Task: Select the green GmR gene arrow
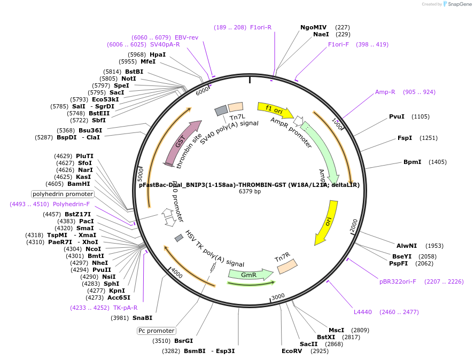[250, 275]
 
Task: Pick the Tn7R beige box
[287, 266]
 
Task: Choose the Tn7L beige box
[236, 107]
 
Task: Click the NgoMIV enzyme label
[313, 27]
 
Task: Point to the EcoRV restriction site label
[292, 351]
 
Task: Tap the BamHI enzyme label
[79, 184]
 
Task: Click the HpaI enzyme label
[158, 54]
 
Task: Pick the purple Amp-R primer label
[385, 92]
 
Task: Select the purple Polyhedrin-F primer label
[71, 204]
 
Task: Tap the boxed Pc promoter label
[156, 331]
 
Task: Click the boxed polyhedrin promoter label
[63, 194]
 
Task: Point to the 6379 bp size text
[250, 192]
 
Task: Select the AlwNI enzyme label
[407, 246]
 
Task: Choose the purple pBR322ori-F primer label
[398, 281]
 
